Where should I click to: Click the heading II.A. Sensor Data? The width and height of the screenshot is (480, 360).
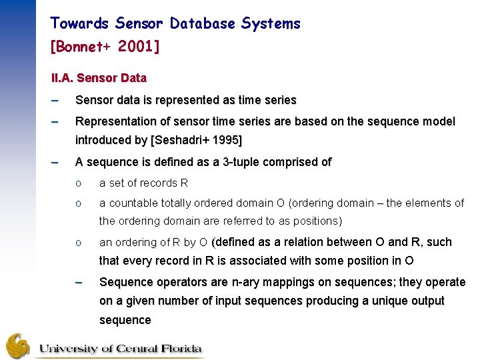pos(99,78)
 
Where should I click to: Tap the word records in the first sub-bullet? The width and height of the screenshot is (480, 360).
pos(158,183)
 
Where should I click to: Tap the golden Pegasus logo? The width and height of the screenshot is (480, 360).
pos(19,346)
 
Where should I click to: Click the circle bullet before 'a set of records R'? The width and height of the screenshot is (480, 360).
pos(79,183)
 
